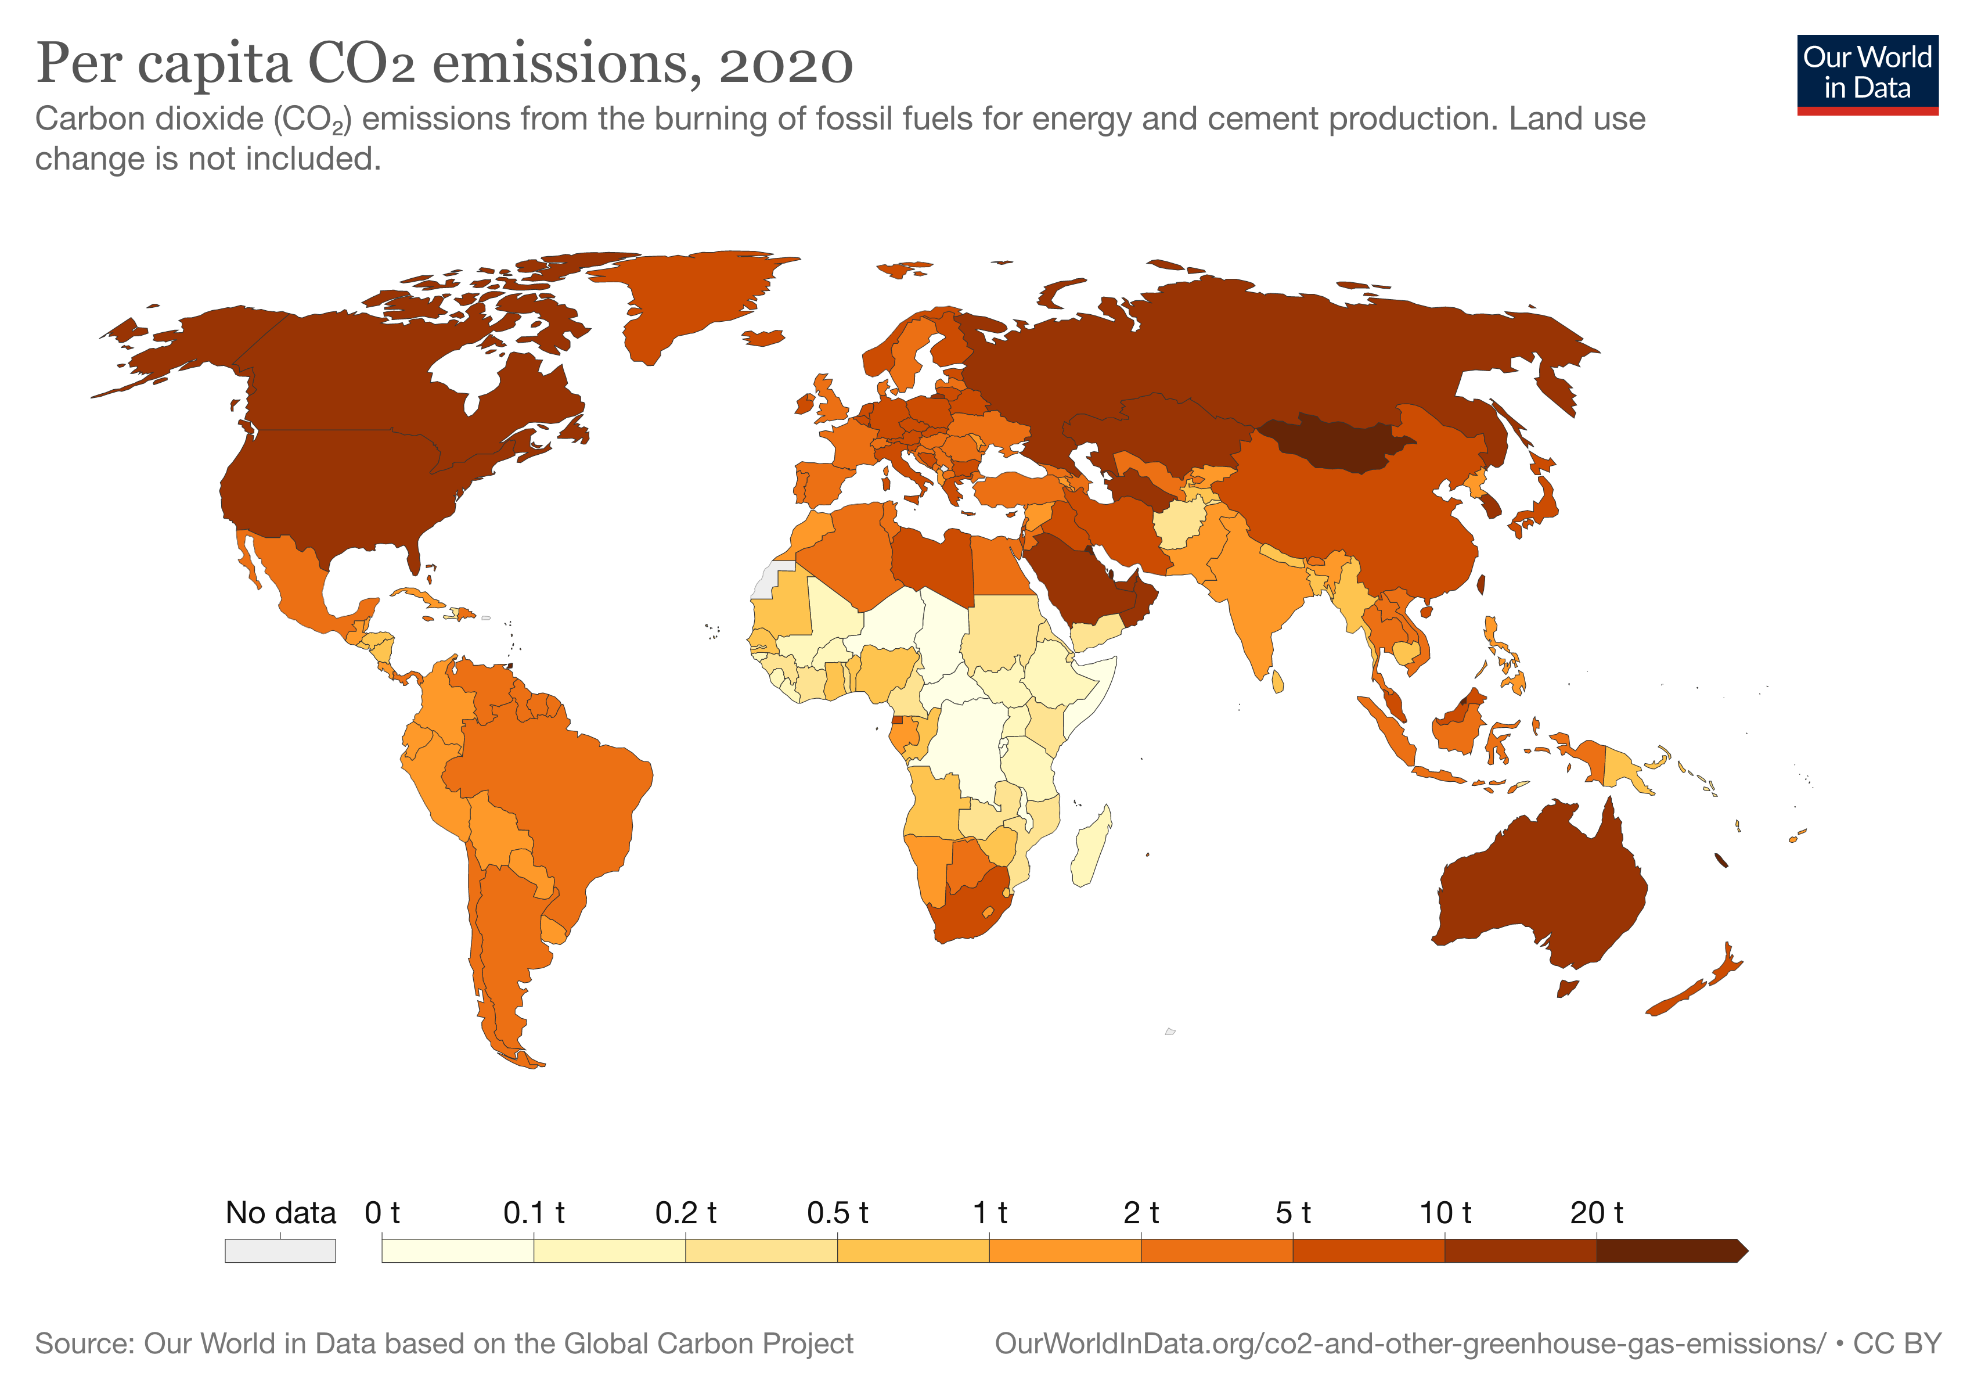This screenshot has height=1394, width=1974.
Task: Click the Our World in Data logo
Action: coord(1867,74)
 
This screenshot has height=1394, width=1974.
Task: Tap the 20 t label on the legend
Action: coord(1595,1213)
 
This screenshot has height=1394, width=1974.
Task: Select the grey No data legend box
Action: coord(280,1251)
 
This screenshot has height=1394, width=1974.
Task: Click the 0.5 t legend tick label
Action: coord(837,1213)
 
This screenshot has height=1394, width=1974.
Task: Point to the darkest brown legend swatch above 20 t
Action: coord(1668,1251)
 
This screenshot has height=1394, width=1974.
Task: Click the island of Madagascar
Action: coord(1090,847)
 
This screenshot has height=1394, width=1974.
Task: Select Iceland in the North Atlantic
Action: coord(763,338)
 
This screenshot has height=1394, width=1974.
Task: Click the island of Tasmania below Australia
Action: coord(1568,988)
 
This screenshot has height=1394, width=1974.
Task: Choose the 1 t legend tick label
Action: coord(989,1213)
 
